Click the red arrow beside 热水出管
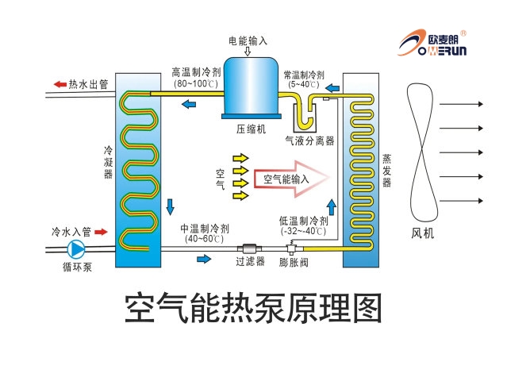[60, 84]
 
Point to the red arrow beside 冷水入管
[103, 233]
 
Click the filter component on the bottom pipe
[250, 248]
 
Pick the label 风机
[423, 233]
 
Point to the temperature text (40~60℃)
[204, 238]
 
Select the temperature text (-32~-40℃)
[303, 231]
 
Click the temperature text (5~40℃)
[304, 84]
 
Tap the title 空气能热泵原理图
[253, 310]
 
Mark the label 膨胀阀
[294, 261]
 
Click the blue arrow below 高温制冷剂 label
[190, 104]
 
